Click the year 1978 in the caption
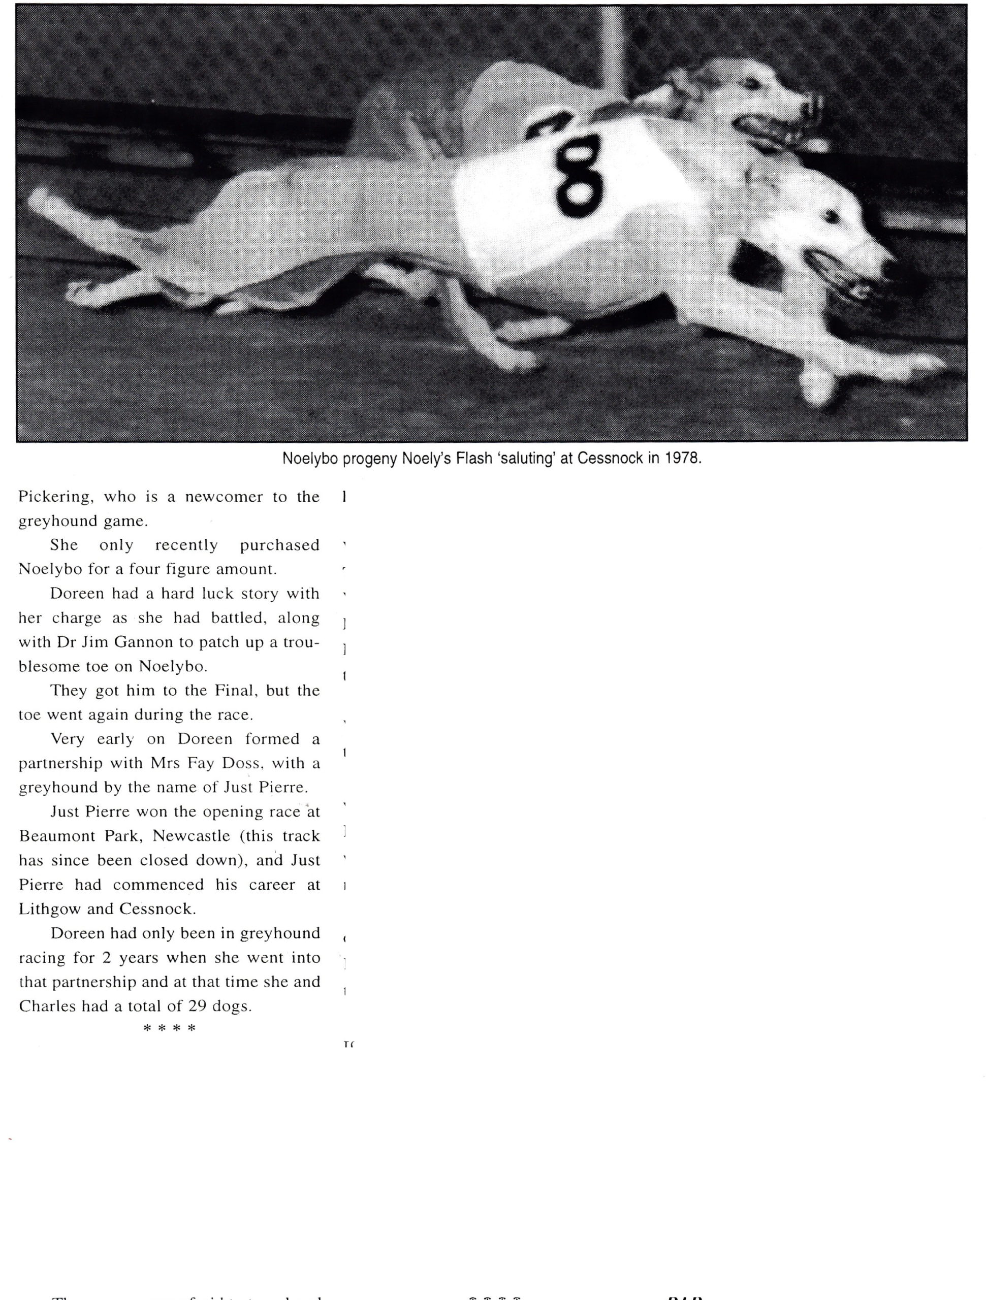[683, 459]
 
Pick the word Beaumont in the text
[57, 836]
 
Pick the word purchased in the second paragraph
[279, 545]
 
